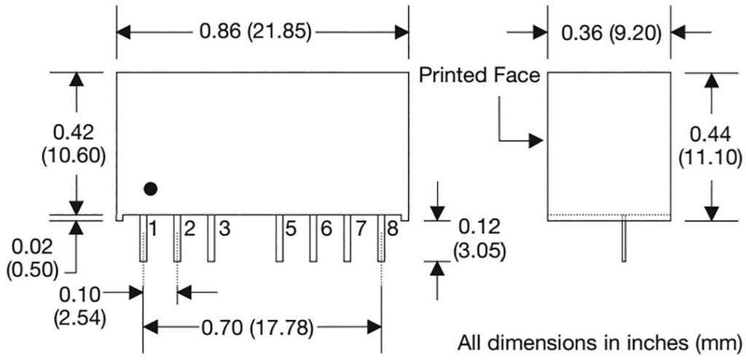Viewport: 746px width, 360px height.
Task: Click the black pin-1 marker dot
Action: point(150,189)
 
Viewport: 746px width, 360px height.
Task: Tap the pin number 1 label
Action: point(153,229)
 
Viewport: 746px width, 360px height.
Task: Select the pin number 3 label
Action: point(224,229)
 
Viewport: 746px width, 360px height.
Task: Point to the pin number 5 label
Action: point(291,229)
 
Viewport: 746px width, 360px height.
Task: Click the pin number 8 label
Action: point(393,229)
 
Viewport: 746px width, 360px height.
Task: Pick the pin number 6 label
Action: point(326,229)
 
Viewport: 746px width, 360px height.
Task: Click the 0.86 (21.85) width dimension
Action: point(255,32)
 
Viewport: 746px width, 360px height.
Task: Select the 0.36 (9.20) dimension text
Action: point(610,32)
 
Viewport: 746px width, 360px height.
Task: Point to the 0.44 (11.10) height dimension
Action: point(709,145)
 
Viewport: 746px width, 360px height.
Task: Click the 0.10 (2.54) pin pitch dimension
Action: point(79,305)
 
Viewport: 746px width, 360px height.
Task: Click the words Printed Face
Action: point(479,76)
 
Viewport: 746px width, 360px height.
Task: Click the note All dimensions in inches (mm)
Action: point(602,342)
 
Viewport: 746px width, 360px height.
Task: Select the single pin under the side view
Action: point(624,240)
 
